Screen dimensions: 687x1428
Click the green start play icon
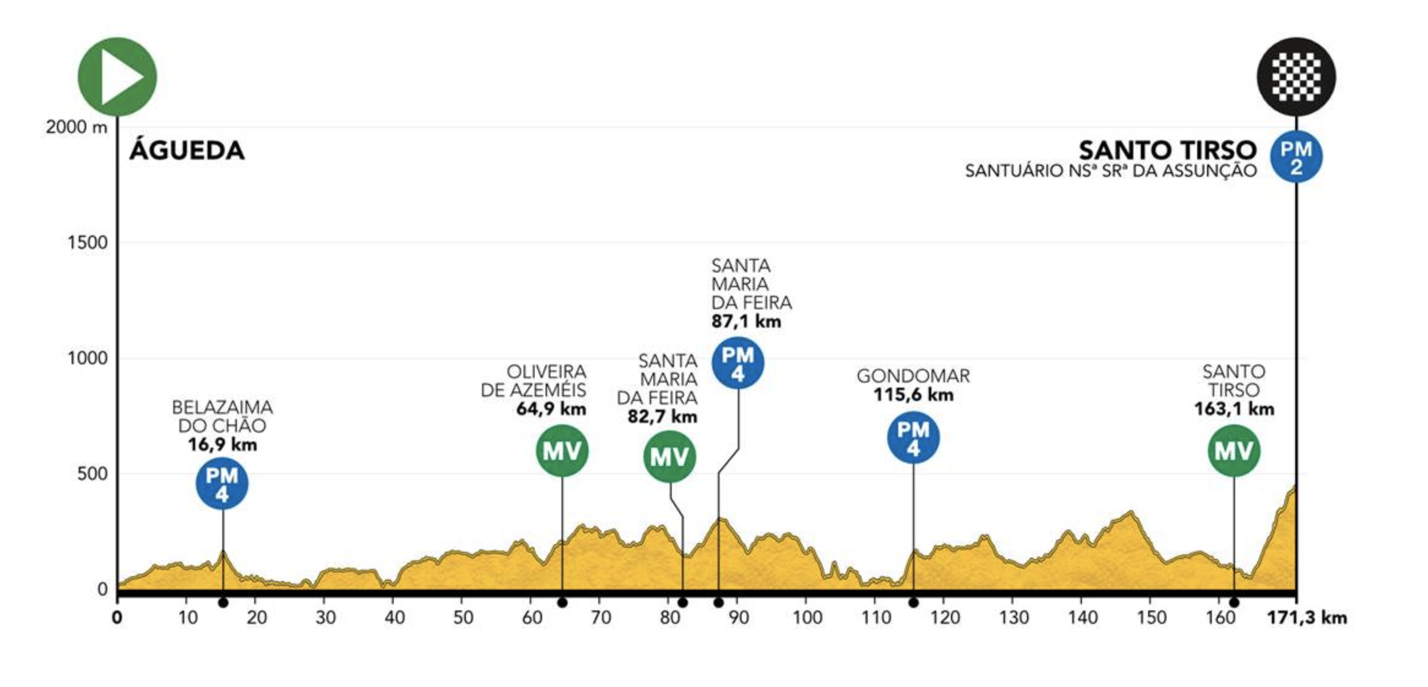117,77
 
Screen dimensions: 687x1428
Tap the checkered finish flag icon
1296,77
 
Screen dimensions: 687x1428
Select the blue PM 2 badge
1296,157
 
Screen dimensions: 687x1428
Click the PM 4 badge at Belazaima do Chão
222,484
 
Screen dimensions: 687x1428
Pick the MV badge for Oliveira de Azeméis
562,451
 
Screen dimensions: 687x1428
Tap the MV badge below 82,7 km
669,456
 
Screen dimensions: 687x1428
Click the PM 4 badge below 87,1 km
737,363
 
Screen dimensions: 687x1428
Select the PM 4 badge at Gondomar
913,438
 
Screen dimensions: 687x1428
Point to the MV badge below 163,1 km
1233,451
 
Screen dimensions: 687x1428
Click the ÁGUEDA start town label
187,151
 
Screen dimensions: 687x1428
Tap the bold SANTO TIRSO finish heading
1167,151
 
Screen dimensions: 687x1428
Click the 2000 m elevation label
76,127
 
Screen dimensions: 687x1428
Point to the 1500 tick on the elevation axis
88,242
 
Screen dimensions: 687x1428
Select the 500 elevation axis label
92,473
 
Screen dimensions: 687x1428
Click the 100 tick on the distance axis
807,618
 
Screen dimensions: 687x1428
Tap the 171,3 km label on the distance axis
1307,618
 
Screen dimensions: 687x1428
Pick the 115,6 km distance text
913,395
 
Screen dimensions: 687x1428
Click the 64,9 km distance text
551,409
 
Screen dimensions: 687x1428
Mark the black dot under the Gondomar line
913,603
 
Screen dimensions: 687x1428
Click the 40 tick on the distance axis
394,618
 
